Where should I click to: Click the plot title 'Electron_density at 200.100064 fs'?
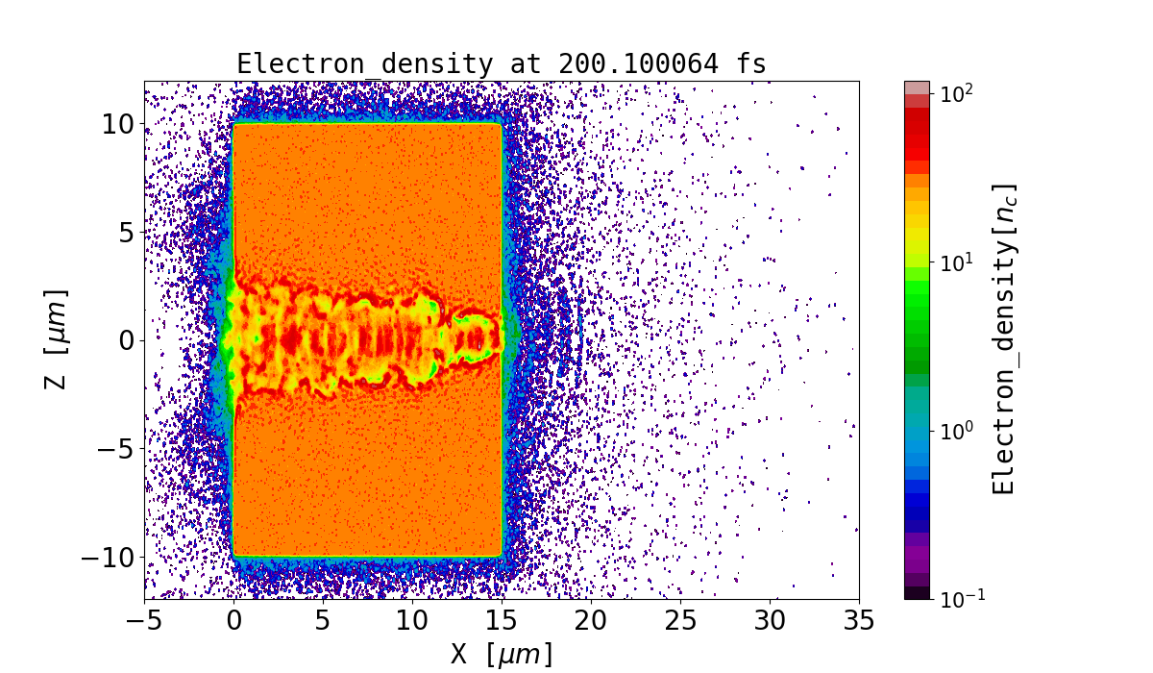[502, 64]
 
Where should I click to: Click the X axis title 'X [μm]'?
[502, 654]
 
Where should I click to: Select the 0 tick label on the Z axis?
[124, 340]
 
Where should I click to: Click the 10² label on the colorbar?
[956, 93]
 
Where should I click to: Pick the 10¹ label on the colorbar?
[956, 262]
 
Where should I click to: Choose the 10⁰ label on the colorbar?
[956, 430]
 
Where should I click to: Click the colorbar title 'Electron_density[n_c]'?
[1003, 339]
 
